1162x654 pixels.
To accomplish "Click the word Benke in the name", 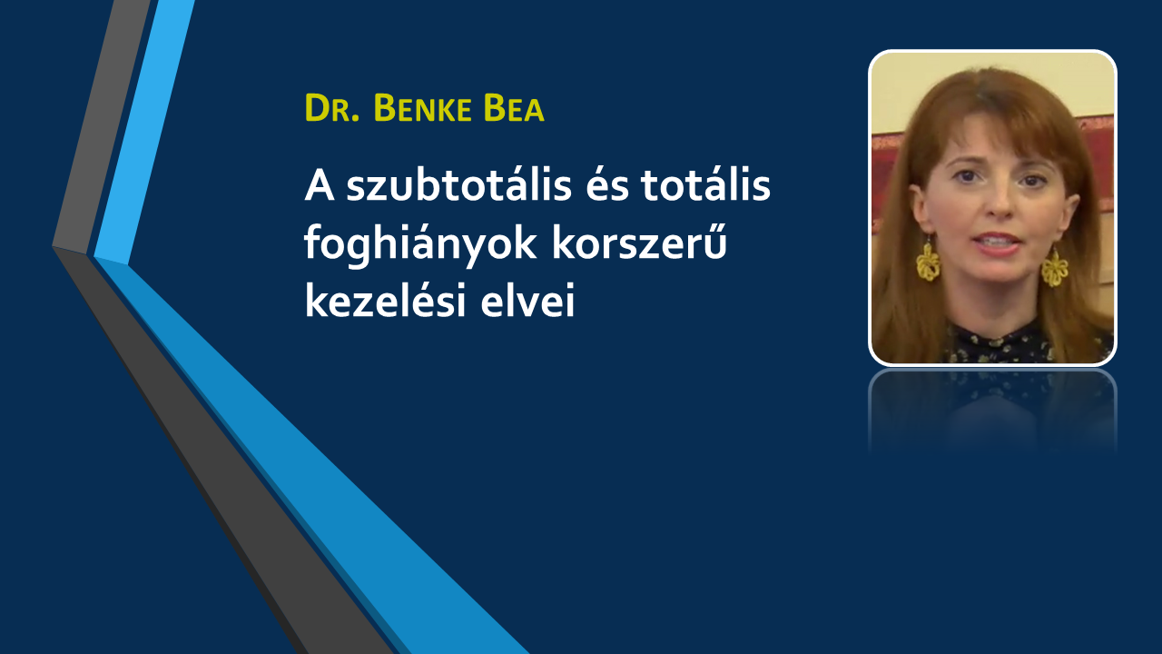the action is click(x=422, y=108).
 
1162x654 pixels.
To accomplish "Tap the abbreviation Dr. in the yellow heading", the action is click(x=332, y=108).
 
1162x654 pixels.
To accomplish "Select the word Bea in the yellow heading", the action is click(x=514, y=108).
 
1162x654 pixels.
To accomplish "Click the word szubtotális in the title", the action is click(x=459, y=185).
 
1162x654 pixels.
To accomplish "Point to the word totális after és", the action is click(x=705, y=185).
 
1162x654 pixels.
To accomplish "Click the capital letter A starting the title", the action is click(x=319, y=186).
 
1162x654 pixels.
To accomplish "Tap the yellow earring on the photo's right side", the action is click(x=1055, y=267).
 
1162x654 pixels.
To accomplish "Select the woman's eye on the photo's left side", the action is click(x=967, y=177).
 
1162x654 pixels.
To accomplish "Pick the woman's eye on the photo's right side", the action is click(x=1032, y=181).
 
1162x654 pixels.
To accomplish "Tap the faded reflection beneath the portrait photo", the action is click(x=992, y=410).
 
